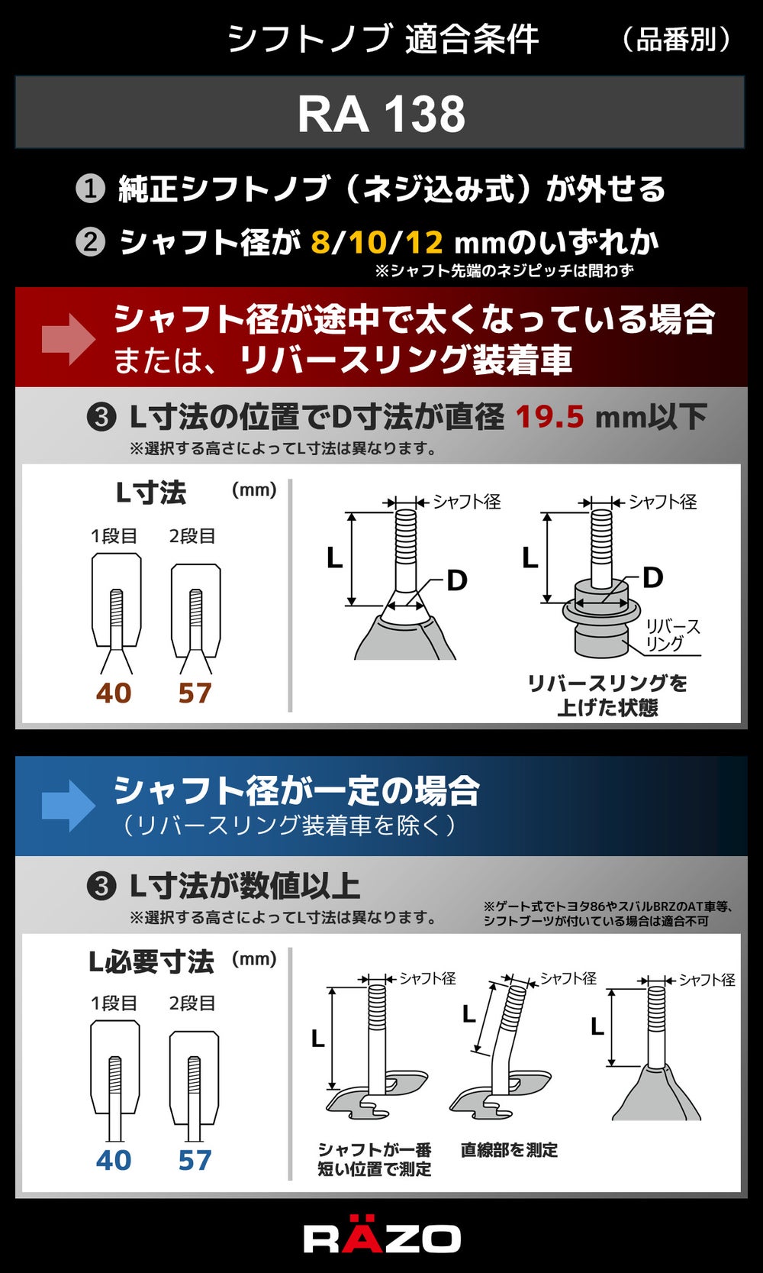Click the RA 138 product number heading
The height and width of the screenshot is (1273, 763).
pyautogui.click(x=381, y=114)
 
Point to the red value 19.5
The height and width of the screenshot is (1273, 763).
pyautogui.click(x=549, y=416)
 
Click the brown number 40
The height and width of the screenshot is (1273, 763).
pyautogui.click(x=114, y=693)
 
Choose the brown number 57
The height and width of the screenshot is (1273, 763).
pyautogui.click(x=195, y=693)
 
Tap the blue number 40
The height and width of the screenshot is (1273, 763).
pyautogui.click(x=114, y=1160)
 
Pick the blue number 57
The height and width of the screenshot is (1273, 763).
pyautogui.click(x=195, y=1160)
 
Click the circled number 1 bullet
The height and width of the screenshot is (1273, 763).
pyautogui.click(x=90, y=189)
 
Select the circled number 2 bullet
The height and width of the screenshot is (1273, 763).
pyautogui.click(x=90, y=242)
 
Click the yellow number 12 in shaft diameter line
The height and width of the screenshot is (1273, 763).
pyautogui.click(x=424, y=242)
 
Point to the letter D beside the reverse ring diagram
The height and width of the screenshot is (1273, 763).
pyautogui.click(x=653, y=577)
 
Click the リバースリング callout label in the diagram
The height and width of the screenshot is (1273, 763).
pyautogui.click(x=673, y=635)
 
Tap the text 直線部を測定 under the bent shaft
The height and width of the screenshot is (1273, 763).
pyautogui.click(x=509, y=1150)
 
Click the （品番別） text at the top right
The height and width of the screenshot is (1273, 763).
pyautogui.click(x=675, y=40)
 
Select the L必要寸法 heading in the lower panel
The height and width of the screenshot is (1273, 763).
pyautogui.click(x=152, y=961)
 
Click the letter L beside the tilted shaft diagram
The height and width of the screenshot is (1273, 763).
pyautogui.click(x=469, y=1014)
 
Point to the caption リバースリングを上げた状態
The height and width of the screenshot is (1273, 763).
pyautogui.click(x=607, y=695)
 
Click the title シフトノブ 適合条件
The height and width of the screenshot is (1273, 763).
pyautogui.click(x=383, y=40)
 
